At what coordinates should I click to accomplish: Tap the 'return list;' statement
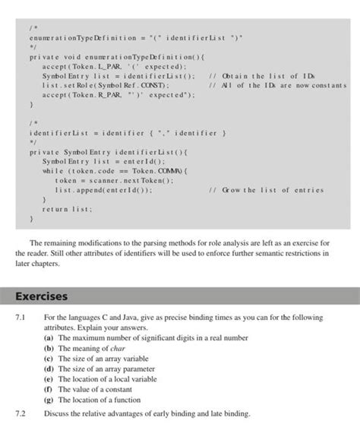pyautogui.click(x=66, y=207)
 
